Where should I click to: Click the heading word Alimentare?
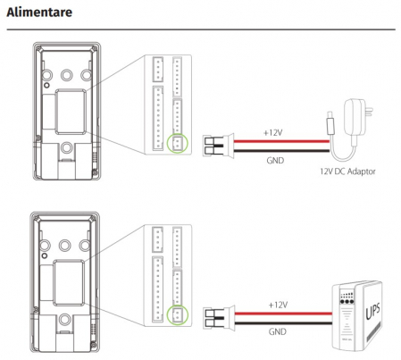click(39, 13)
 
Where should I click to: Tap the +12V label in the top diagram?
click(272, 133)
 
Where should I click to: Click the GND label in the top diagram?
click(275, 161)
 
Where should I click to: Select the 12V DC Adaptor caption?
click(347, 172)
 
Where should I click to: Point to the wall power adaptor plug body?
click(355, 117)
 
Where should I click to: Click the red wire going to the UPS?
click(283, 314)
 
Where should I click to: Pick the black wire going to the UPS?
click(283, 322)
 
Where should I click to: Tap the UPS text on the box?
click(372, 311)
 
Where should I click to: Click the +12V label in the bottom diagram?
click(278, 305)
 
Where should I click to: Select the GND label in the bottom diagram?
click(277, 331)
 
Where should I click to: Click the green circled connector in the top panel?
click(178, 144)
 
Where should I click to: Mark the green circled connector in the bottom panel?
click(178, 314)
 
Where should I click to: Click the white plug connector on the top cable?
click(218, 146)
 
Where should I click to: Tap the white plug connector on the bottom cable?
click(219, 318)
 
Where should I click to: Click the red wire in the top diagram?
click(281, 141)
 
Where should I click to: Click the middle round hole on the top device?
click(67, 75)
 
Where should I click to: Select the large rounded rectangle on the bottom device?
click(69, 282)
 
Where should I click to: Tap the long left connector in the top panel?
click(158, 118)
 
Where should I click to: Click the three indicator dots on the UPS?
click(347, 301)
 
